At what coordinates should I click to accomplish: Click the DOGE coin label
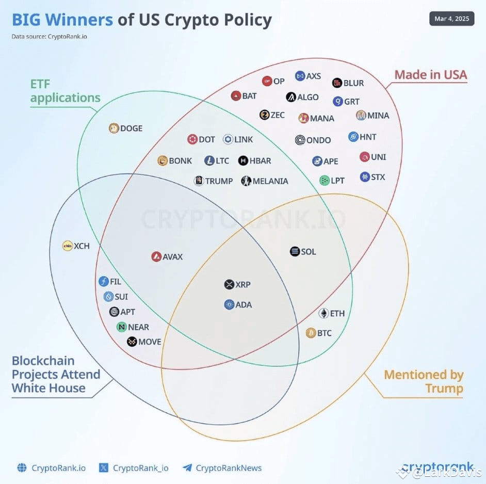131,128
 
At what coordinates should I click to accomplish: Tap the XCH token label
82,246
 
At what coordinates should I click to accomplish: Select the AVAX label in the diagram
173,256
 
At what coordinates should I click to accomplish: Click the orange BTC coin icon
311,333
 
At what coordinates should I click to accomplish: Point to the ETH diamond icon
323,313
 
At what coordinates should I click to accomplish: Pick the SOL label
309,252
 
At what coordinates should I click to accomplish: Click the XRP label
243,284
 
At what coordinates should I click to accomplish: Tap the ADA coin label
244,304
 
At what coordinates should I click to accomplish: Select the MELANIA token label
270,181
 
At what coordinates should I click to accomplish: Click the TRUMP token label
219,181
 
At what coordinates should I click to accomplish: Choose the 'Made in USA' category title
430,75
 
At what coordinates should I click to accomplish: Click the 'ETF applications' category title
65,90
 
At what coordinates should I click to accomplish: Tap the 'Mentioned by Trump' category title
424,381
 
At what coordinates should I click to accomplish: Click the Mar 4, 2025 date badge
451,19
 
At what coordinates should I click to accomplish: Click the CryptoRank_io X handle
140,468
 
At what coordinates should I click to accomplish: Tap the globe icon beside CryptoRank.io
22,468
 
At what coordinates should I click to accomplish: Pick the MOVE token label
150,342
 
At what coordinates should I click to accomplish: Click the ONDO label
318,140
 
